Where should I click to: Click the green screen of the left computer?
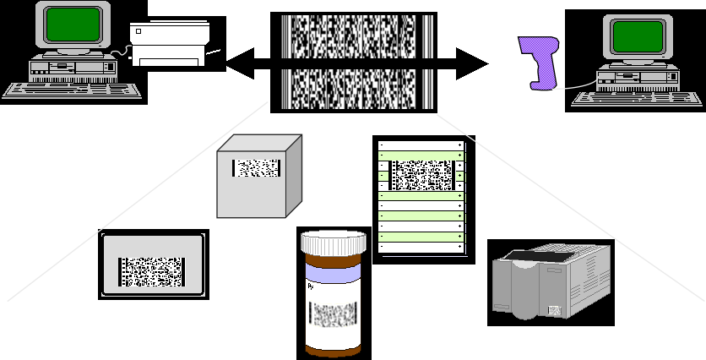point(59,26)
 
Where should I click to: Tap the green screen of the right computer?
point(636,37)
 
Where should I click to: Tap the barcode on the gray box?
point(257,168)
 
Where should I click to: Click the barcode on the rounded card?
point(152,272)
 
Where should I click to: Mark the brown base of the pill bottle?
point(335,347)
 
